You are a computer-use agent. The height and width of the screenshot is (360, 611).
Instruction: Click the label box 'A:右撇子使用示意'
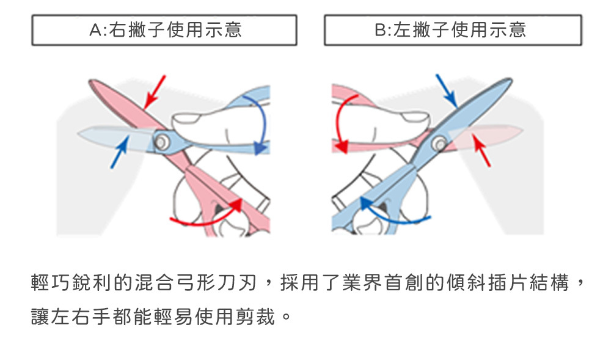pyautogui.click(x=164, y=30)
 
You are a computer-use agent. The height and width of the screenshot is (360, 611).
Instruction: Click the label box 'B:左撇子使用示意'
pyautogui.click(x=452, y=30)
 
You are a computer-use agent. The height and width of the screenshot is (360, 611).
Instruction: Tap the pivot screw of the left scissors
pyautogui.click(x=162, y=142)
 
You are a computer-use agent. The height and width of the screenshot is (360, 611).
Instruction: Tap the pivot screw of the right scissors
pyautogui.click(x=438, y=144)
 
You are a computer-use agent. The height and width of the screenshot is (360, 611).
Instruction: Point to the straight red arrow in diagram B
pyautogui.click(x=482, y=150)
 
